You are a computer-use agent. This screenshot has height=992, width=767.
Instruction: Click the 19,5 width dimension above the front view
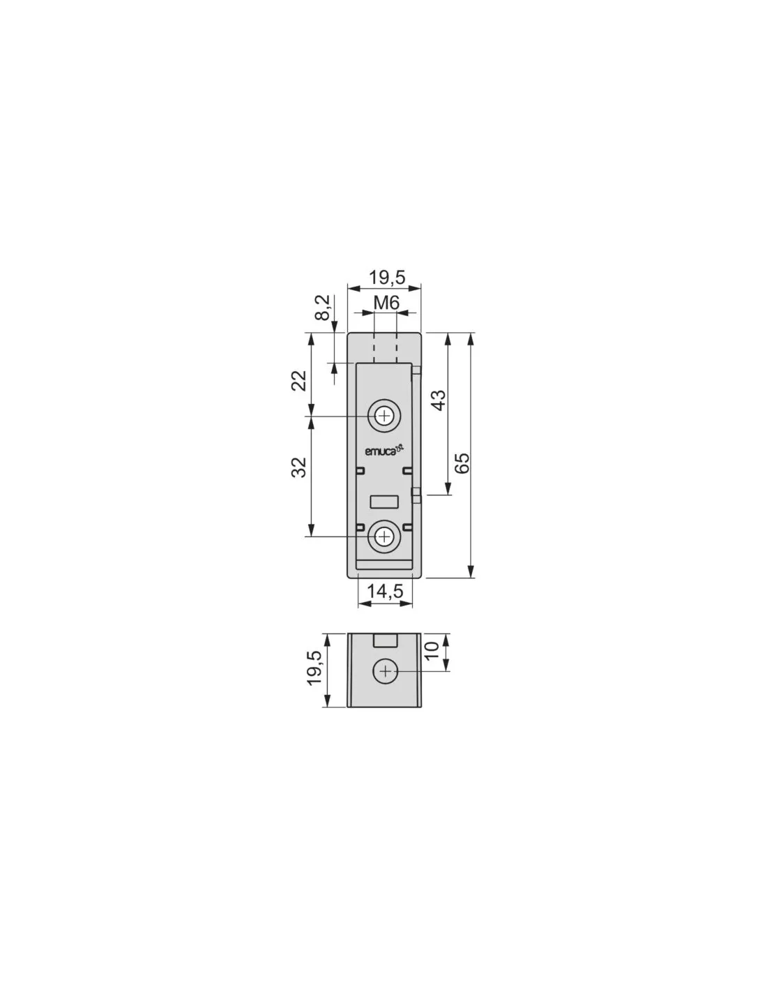tap(387, 277)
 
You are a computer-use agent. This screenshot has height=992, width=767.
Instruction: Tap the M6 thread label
tap(386, 302)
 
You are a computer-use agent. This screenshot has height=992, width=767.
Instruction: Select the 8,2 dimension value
tap(323, 307)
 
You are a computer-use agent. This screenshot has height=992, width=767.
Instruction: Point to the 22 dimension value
tap(299, 380)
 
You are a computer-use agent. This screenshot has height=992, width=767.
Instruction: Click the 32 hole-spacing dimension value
tap(299, 467)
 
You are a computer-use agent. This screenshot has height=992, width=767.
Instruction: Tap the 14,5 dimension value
tap(385, 591)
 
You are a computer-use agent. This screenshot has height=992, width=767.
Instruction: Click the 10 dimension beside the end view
tap(431, 650)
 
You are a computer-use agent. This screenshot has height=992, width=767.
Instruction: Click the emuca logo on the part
tap(385, 451)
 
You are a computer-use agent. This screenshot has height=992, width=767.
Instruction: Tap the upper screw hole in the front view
tap(385, 416)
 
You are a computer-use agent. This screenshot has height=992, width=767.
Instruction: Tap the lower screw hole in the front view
tap(385, 536)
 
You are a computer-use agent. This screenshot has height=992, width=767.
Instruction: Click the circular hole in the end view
tap(386, 671)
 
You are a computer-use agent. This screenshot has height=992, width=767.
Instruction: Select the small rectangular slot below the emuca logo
tap(385, 502)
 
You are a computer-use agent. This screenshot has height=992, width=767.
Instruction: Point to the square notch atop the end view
tap(386, 640)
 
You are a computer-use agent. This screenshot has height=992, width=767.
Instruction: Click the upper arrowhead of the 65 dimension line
tap(471, 339)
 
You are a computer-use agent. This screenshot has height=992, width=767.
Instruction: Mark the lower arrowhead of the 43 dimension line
tap(448, 488)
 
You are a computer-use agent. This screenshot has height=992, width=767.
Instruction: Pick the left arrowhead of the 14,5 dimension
tap(365, 603)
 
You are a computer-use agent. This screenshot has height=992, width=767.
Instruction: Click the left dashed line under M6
tap(374, 348)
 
